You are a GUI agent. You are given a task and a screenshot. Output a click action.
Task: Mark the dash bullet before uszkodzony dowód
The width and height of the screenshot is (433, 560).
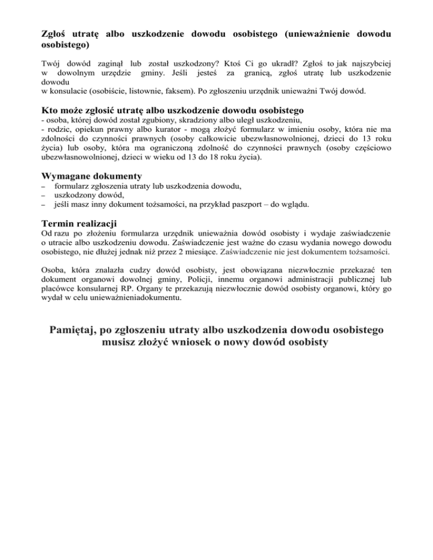45,195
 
